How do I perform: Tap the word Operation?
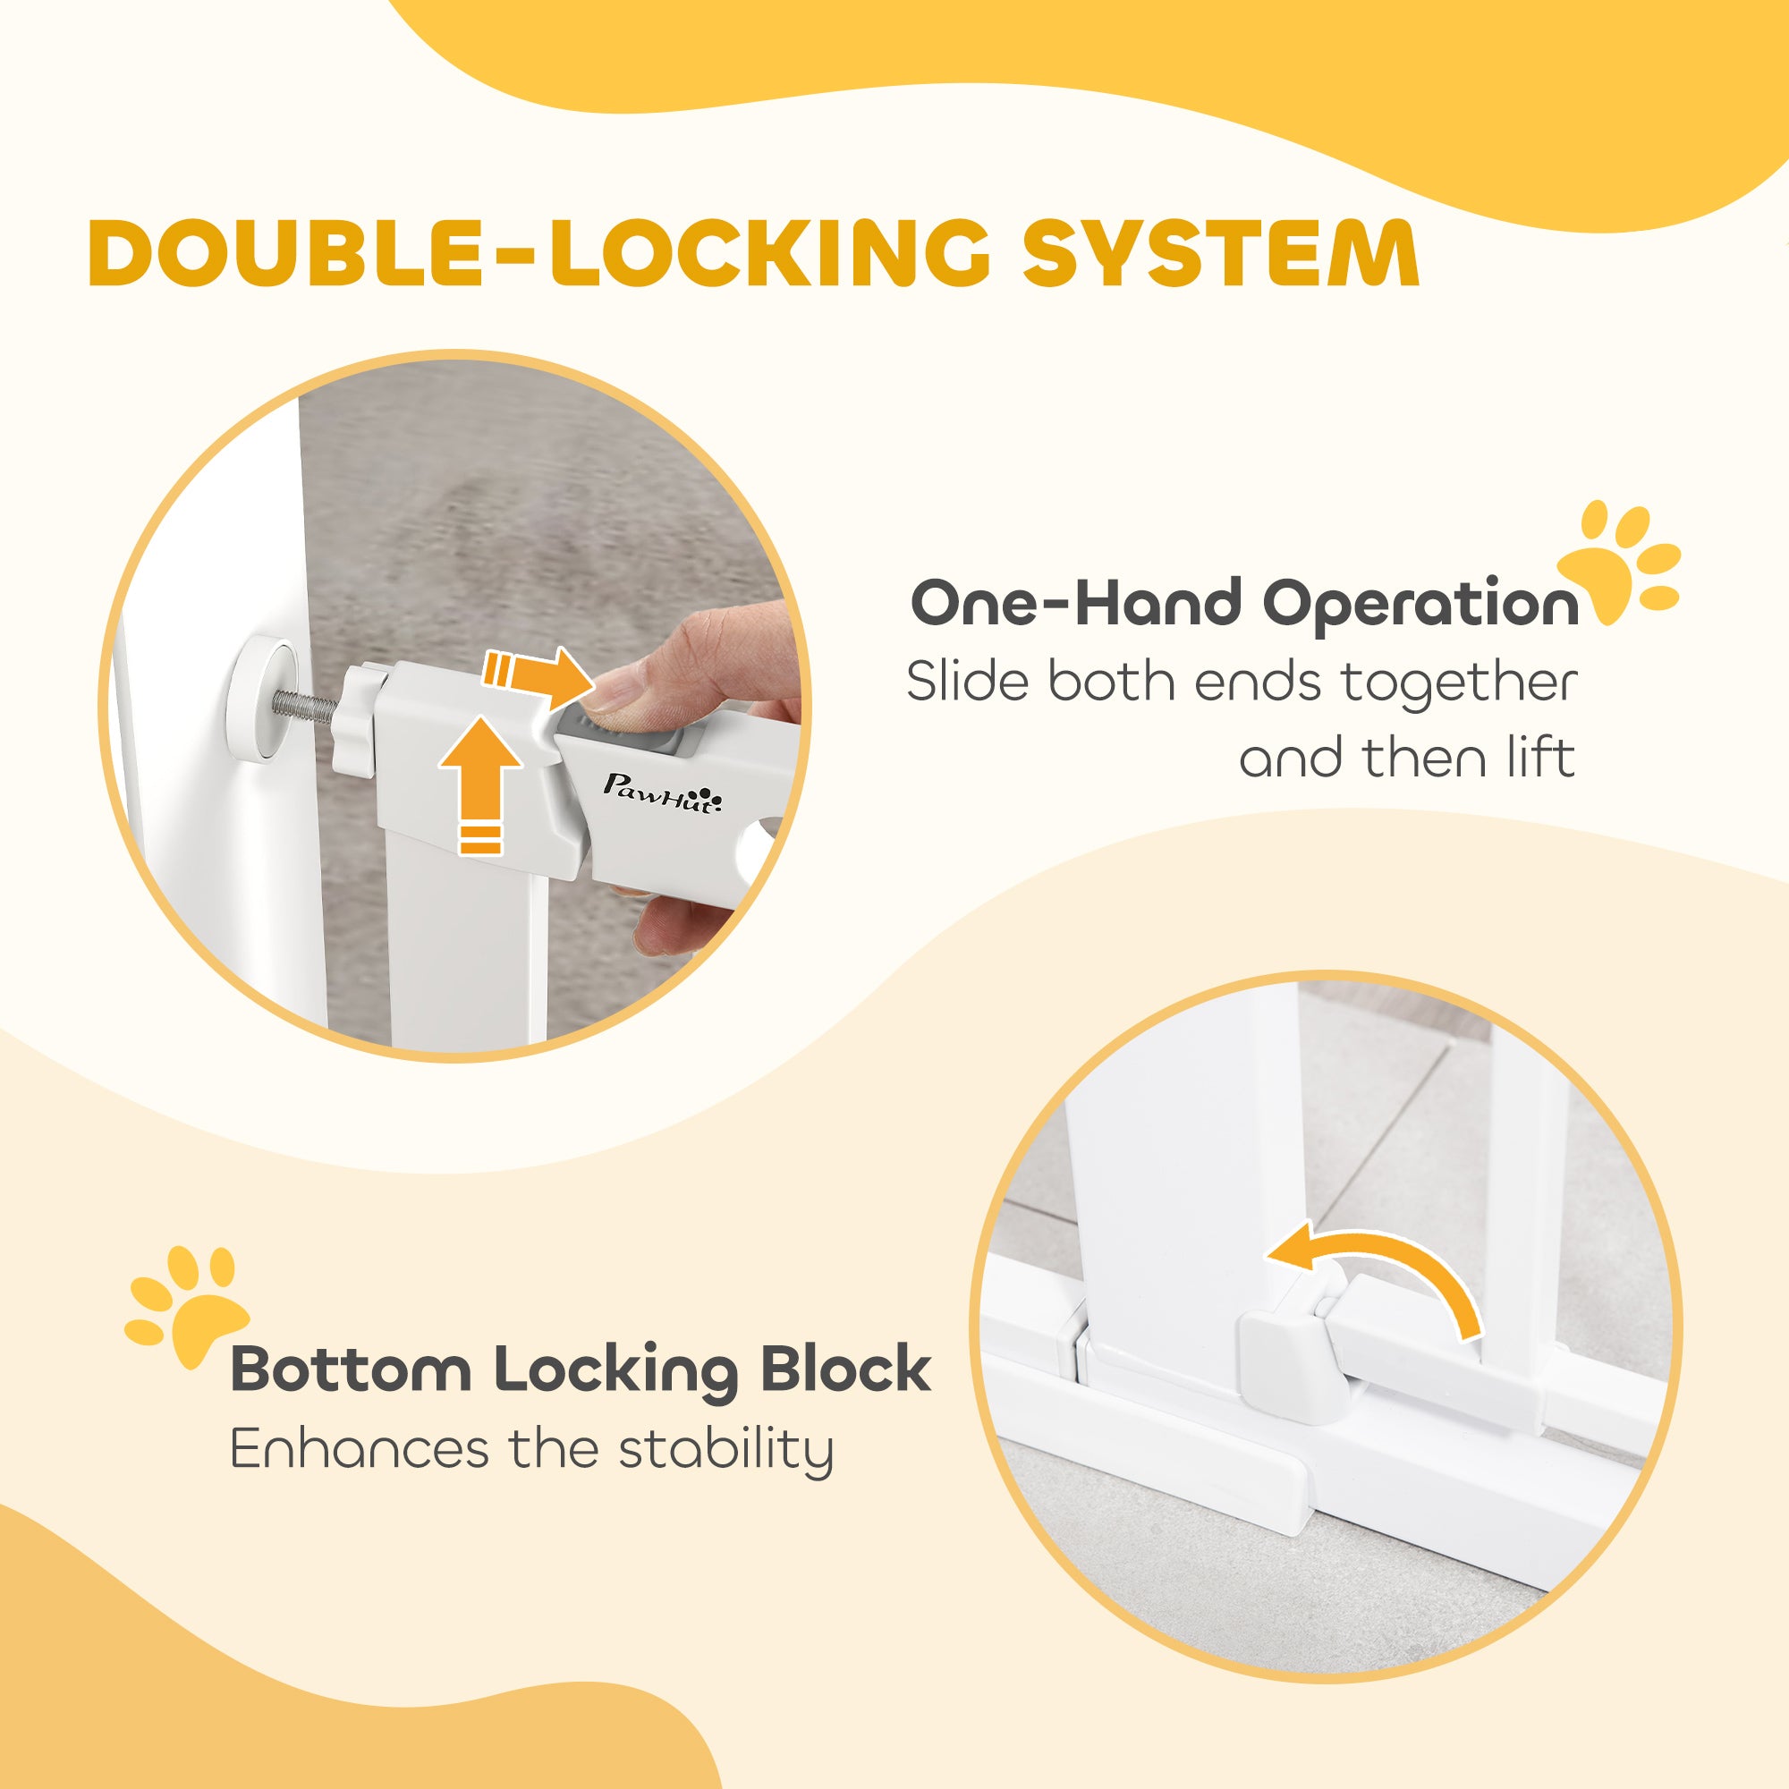coord(1420,606)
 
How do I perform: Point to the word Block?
coord(844,1369)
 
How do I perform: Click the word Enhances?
coord(360,1450)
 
